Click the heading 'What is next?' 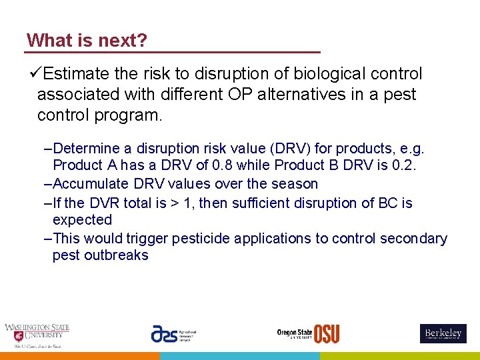[x=87, y=41]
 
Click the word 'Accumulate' [x=91, y=183]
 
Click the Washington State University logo [x=37, y=335]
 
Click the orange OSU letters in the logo [x=327, y=333]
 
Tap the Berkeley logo [x=443, y=333]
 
